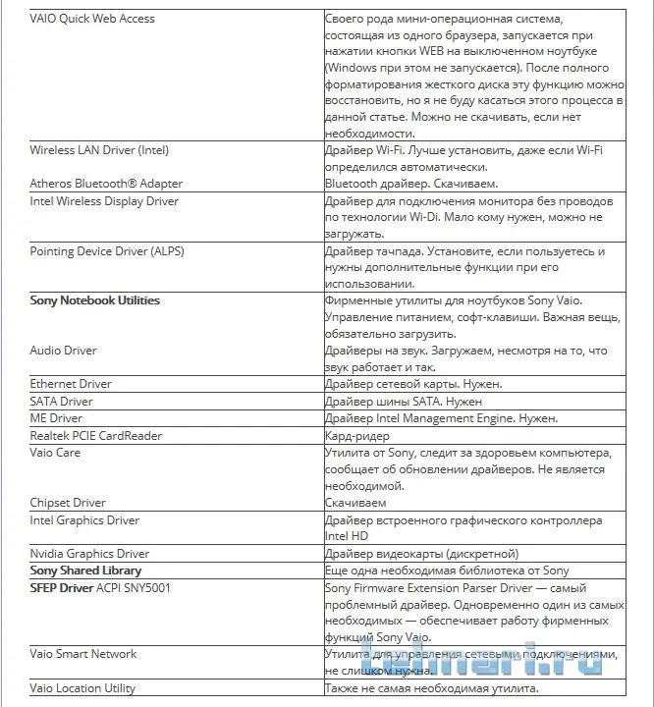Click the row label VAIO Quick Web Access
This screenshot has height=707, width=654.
click(x=92, y=19)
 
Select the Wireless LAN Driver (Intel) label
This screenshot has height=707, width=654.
click(x=99, y=150)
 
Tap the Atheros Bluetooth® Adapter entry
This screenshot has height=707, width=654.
click(x=106, y=184)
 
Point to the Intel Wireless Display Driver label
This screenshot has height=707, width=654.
click(x=104, y=201)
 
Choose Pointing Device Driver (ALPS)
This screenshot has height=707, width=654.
click(x=107, y=251)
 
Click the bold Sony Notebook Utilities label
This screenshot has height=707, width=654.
click(x=95, y=300)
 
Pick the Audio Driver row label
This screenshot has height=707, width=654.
click(x=64, y=351)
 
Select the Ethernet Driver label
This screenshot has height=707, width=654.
click(x=71, y=384)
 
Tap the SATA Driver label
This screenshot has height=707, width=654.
click(x=61, y=402)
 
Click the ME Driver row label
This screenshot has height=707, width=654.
click(x=57, y=418)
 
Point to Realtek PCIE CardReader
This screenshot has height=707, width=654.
click(x=96, y=435)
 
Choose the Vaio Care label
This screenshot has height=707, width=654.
click(x=56, y=453)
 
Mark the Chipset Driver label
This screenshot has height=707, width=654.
click(x=68, y=503)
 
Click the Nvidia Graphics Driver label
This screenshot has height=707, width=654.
click(x=89, y=554)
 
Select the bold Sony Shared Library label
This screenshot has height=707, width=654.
click(x=85, y=571)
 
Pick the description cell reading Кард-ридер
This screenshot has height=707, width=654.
click(x=357, y=435)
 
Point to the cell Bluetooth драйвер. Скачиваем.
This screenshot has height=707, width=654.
click(x=411, y=184)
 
